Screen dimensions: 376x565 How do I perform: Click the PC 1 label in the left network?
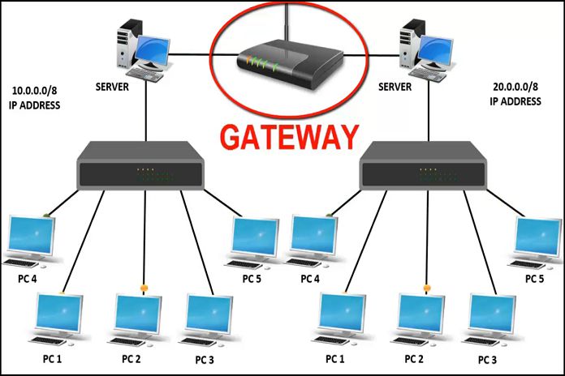[x=55, y=357]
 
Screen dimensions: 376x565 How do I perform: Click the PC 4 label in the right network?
[x=309, y=279]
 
